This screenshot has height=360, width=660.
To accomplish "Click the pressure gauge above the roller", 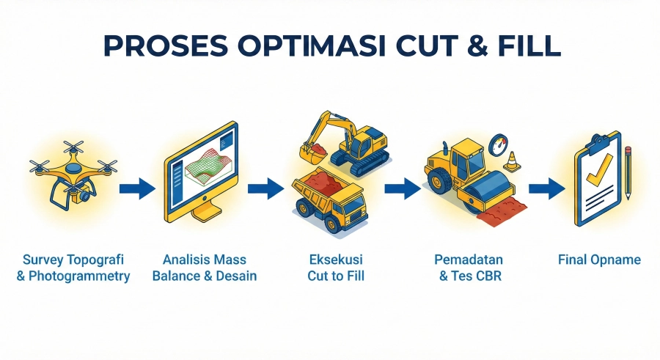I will (x=499, y=142).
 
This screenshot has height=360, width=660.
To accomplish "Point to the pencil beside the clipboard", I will (x=628, y=172).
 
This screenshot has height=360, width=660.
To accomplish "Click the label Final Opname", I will (x=599, y=260).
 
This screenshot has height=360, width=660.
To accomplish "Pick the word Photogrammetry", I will (x=82, y=276).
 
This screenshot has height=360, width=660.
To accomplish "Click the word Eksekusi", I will (x=336, y=260).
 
